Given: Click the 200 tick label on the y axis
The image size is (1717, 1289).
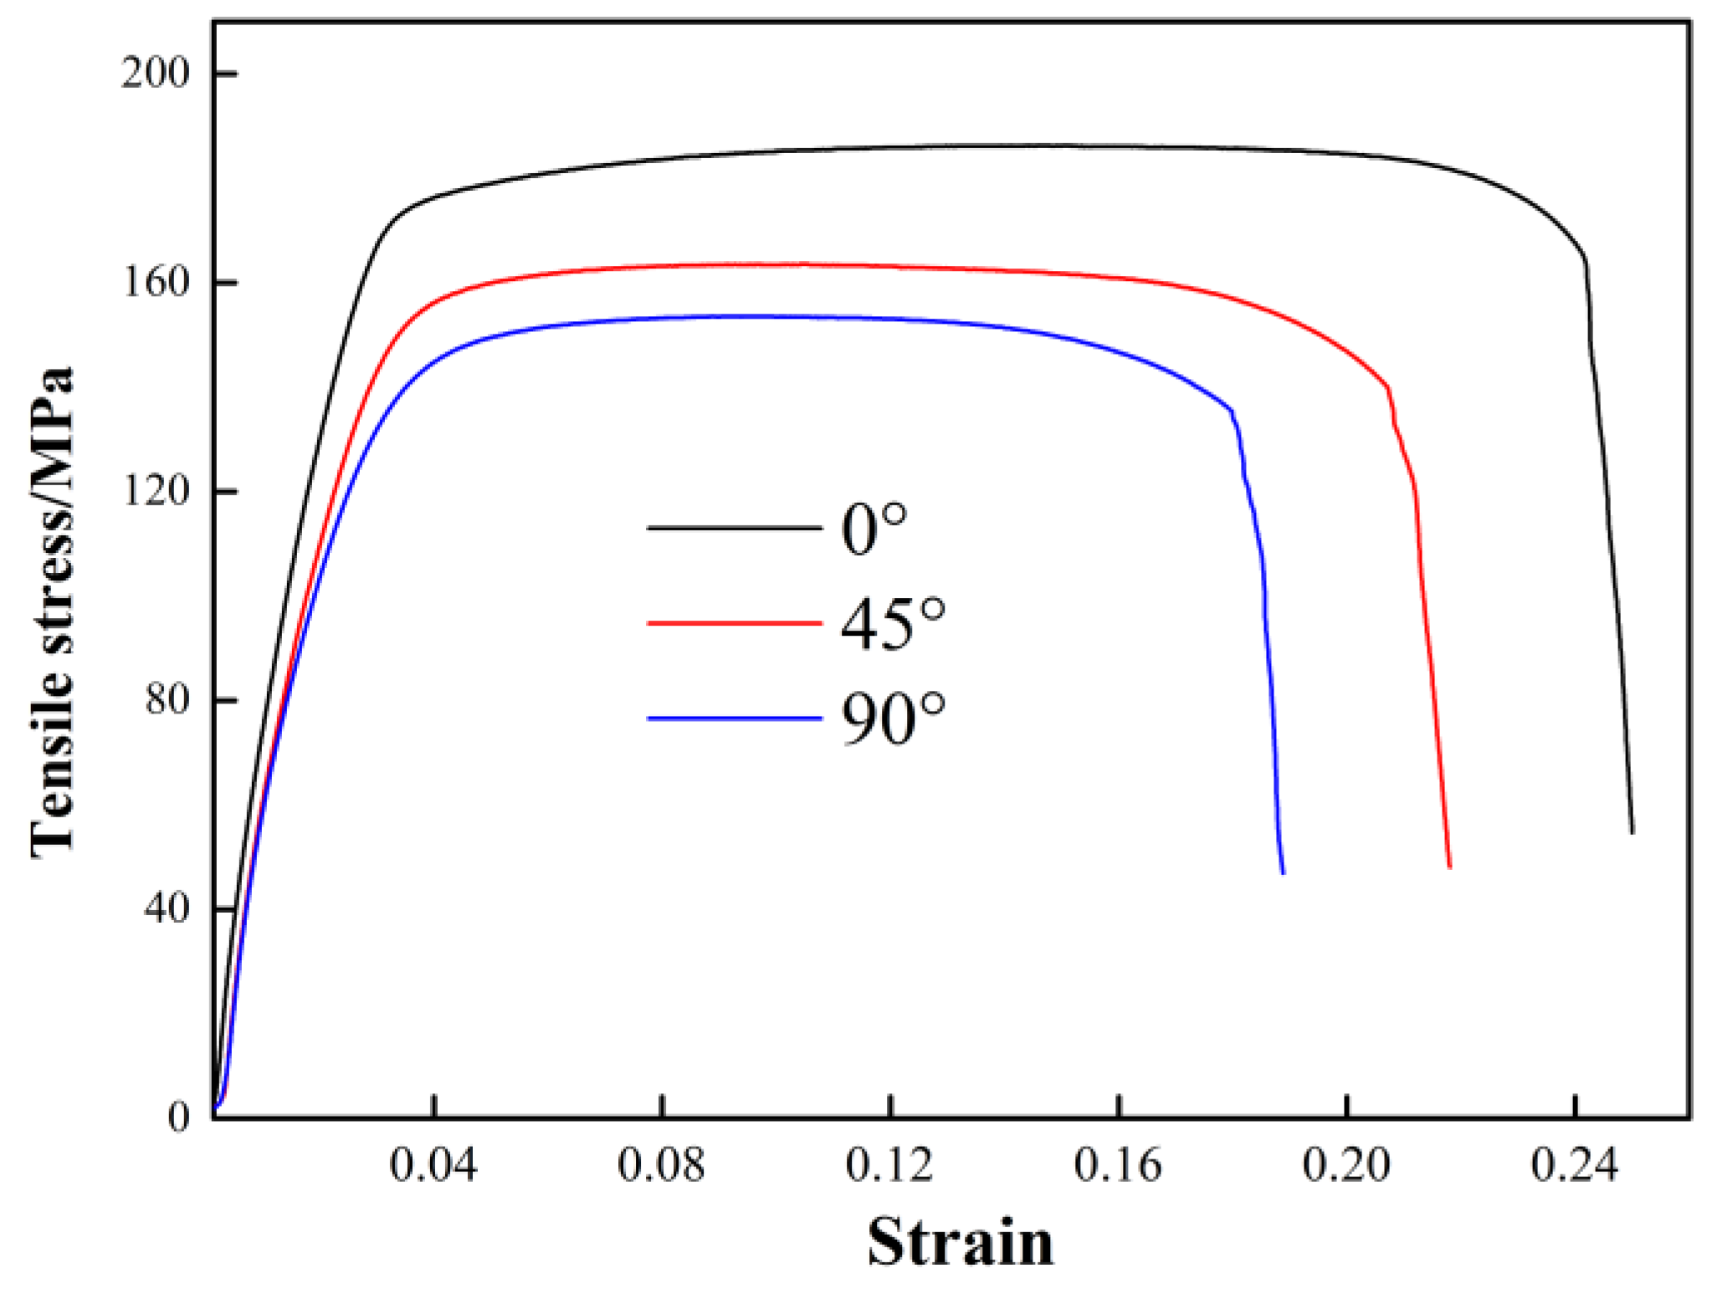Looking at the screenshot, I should pos(156,74).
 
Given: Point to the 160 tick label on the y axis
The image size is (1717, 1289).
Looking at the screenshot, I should pos(156,282).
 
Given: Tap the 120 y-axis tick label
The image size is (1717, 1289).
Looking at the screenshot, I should pos(156,490).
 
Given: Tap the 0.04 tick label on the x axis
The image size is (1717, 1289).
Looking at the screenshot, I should pos(433,1164).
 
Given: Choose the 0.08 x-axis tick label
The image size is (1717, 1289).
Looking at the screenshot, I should pos(661,1164).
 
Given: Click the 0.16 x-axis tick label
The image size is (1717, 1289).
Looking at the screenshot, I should pos(1118,1164).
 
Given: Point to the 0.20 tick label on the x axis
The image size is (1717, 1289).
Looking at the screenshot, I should pos(1346,1164).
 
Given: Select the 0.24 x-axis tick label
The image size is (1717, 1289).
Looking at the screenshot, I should pos(1575,1164).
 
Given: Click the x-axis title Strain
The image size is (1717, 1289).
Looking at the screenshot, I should pos(960,1242).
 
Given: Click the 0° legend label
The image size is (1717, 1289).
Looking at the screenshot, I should pos(874,529).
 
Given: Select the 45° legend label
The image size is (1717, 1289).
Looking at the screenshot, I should pos(892,624).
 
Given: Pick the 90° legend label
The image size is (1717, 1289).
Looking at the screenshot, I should pos(892,719).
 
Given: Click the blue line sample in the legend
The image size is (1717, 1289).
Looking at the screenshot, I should pos(734,719).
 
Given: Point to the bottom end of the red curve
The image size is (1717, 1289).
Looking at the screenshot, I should pos(1449,867).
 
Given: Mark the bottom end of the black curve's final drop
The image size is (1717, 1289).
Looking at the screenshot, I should pos(1632,831).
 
